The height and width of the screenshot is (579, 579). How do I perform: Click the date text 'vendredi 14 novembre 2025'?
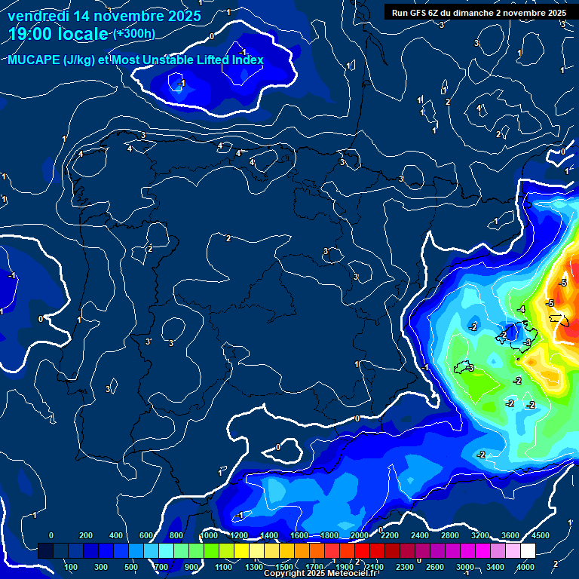(104, 16)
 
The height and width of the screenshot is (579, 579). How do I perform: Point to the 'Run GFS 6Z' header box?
(479, 13)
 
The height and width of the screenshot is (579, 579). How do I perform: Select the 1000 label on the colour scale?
(209, 535)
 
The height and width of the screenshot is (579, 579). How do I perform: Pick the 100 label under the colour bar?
(72, 566)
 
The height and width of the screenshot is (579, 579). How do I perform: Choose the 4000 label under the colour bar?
(525, 566)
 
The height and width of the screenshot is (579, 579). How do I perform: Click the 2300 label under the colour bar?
(405, 566)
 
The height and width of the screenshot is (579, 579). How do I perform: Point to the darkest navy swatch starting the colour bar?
(46, 551)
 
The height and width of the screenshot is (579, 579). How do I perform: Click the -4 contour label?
(521, 309)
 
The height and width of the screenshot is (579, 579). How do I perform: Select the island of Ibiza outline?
(464, 367)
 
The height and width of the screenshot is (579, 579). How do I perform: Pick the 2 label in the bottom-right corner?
(556, 564)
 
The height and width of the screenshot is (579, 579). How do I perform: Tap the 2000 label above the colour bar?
(360, 535)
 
